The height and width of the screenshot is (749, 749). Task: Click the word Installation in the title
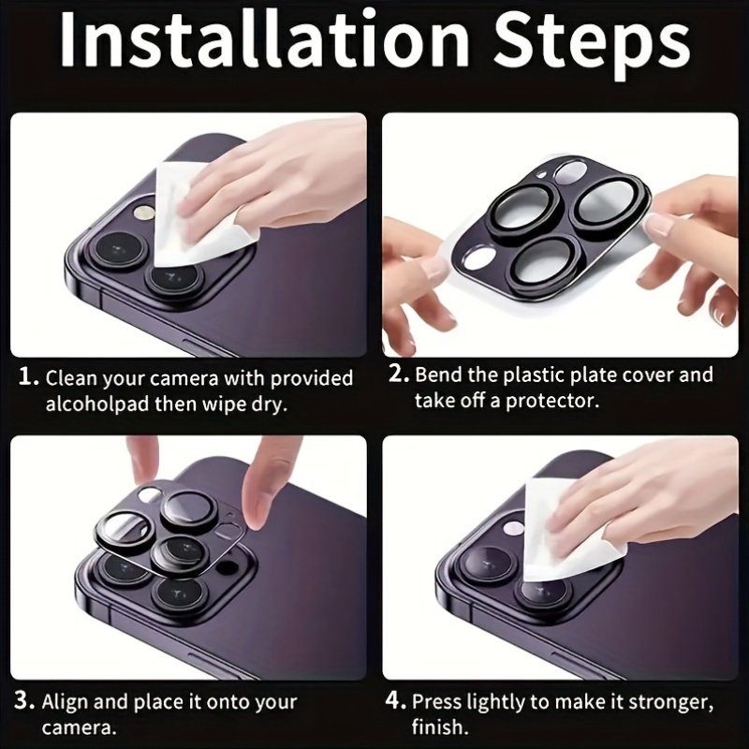point(265,38)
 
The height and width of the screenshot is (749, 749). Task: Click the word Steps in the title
point(592,44)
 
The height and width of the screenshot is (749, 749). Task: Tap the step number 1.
point(28,377)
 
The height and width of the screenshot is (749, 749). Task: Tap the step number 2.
point(399,374)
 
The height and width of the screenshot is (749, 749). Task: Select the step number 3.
point(24,700)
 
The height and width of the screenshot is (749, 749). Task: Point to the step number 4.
point(395,700)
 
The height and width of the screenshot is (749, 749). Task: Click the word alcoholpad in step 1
point(97,404)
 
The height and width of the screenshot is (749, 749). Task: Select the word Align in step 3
point(65,702)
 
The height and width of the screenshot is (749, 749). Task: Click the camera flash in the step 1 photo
point(145,213)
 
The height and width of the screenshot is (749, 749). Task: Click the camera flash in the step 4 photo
point(514,527)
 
